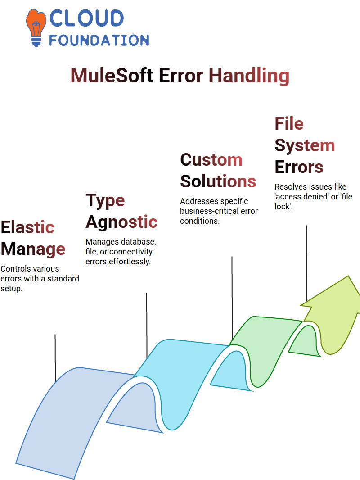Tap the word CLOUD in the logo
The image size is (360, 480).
(86, 18)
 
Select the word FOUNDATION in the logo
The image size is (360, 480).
(99, 40)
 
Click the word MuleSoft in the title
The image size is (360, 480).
(112, 75)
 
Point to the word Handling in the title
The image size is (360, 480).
(249, 76)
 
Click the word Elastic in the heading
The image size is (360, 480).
(27, 227)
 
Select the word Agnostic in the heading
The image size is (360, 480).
(121, 222)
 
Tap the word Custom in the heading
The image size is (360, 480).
(211, 160)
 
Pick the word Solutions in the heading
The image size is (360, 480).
(218, 181)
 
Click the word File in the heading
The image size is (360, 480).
(289, 123)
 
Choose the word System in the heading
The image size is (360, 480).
(305, 145)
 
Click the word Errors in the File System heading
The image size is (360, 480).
(299, 167)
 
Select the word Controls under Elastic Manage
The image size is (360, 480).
(15, 268)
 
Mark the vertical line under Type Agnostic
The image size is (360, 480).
(147, 326)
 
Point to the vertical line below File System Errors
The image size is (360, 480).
(306, 264)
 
